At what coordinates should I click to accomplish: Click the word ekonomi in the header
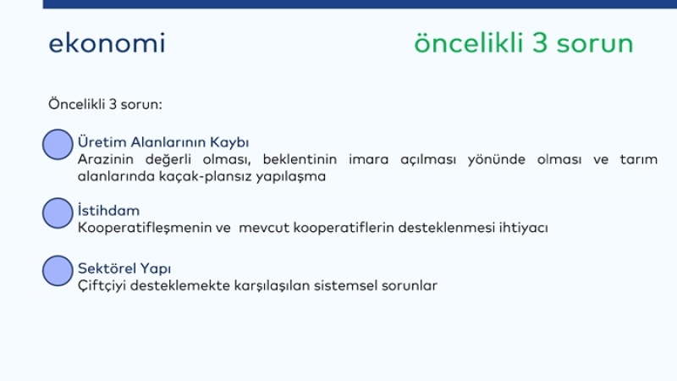tap(107, 43)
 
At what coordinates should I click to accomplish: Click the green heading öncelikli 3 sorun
tap(523, 43)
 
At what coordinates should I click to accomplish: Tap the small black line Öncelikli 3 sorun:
tap(105, 104)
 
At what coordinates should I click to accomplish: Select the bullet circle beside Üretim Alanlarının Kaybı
tap(58, 145)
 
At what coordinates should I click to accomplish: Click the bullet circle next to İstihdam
tap(58, 213)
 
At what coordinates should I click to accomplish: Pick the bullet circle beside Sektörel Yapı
tap(58, 271)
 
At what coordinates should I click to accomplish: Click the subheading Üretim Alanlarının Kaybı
tap(163, 142)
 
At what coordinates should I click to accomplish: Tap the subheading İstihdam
tap(109, 210)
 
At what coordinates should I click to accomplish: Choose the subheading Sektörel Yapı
tap(124, 268)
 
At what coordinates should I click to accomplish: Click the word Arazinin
tap(106, 159)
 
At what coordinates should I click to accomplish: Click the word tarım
tap(639, 159)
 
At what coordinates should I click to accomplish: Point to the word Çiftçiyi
tap(102, 285)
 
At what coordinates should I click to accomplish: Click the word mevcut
tap(264, 228)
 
